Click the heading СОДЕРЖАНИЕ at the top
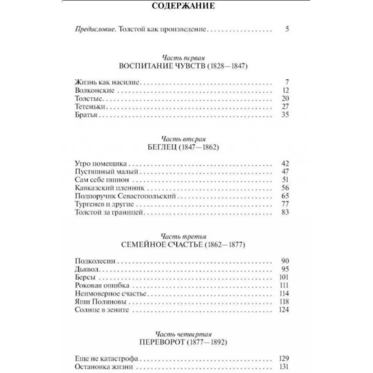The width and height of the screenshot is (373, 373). tap(186, 7)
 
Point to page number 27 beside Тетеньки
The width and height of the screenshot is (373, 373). tap(286, 107)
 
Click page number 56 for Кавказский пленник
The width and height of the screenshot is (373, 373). tap(286, 188)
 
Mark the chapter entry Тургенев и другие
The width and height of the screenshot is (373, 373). tap(104, 205)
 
